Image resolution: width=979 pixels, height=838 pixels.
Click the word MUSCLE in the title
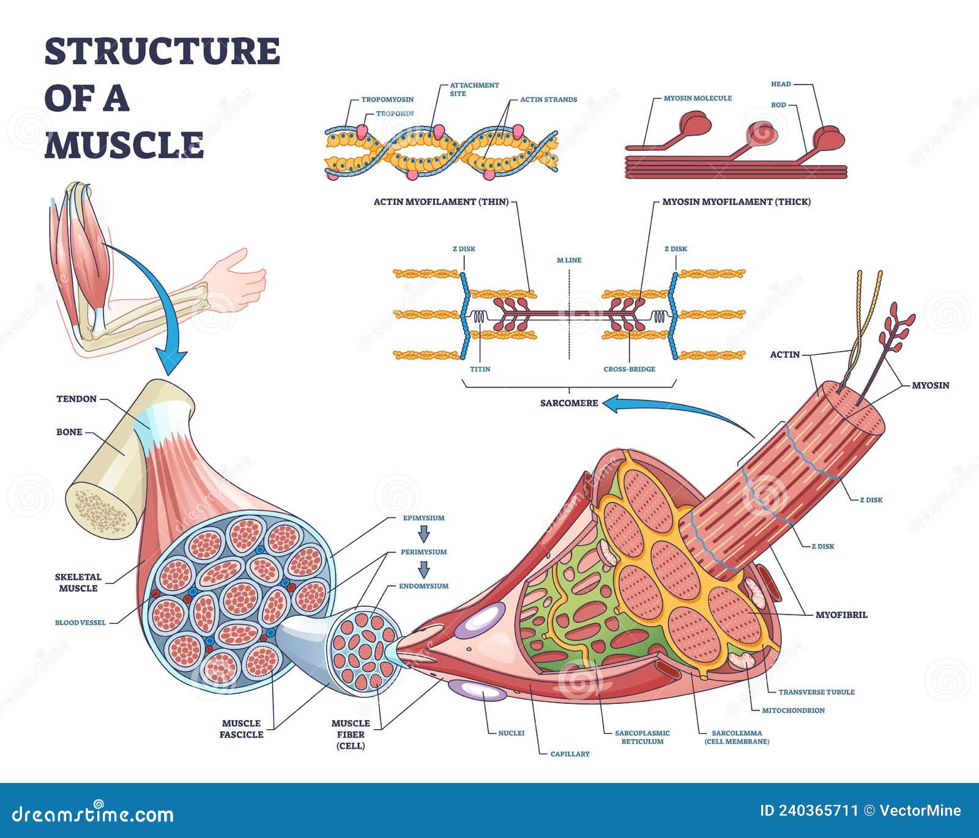coord(124,145)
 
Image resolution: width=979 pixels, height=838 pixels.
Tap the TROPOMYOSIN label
coord(387,99)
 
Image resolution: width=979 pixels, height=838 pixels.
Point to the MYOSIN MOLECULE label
coord(698,98)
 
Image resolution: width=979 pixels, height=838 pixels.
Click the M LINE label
coord(569,260)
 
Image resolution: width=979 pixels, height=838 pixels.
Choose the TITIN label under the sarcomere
coord(480,369)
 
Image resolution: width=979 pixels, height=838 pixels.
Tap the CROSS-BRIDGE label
coord(629,369)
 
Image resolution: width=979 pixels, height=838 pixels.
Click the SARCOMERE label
coord(568,403)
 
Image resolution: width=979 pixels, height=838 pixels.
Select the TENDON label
coord(76,399)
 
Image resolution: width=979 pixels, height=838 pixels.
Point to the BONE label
coord(69,432)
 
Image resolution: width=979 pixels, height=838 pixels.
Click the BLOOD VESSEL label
coord(80,623)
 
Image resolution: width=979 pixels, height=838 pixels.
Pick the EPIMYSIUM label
coord(423,517)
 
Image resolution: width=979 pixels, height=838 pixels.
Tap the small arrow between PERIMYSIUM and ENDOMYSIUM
coord(423,569)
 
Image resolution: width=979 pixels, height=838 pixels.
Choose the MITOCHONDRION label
coord(793,710)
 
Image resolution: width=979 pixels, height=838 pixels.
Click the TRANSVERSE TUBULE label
coord(816,692)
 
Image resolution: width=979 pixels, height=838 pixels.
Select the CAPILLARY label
coord(570,754)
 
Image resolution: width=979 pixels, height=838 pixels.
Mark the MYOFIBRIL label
coord(841,615)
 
